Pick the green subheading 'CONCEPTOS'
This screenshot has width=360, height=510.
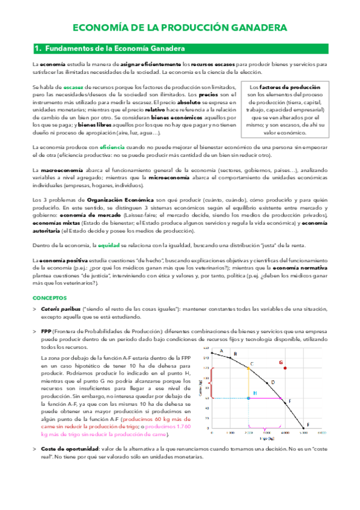coord(49,298)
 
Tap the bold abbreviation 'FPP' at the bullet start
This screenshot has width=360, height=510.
coord(46,332)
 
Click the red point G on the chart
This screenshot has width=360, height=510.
coord(301,367)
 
